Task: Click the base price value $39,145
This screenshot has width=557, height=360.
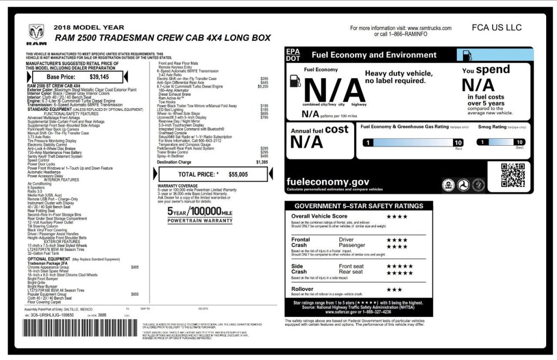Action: pos(99,77)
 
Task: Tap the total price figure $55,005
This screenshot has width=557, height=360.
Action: pos(238,175)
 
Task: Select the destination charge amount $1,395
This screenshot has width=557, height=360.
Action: pos(262,162)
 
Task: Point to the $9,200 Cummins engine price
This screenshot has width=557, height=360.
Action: pos(263,86)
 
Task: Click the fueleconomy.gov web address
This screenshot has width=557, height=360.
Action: pos(327,182)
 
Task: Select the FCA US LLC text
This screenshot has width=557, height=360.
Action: pos(497,28)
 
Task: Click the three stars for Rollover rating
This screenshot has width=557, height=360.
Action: pos(394,289)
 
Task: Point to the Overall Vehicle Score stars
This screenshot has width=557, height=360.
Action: pos(397,216)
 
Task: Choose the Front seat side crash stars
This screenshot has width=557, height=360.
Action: pos(399,266)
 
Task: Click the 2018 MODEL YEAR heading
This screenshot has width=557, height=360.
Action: pos(89,27)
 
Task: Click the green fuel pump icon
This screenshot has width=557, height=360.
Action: pos(467,55)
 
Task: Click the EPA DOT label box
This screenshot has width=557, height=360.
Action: pos(293,55)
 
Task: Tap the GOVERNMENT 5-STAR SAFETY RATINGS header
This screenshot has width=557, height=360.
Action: pos(358,206)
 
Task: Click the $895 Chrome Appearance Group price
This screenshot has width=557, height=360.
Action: pos(135,267)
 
